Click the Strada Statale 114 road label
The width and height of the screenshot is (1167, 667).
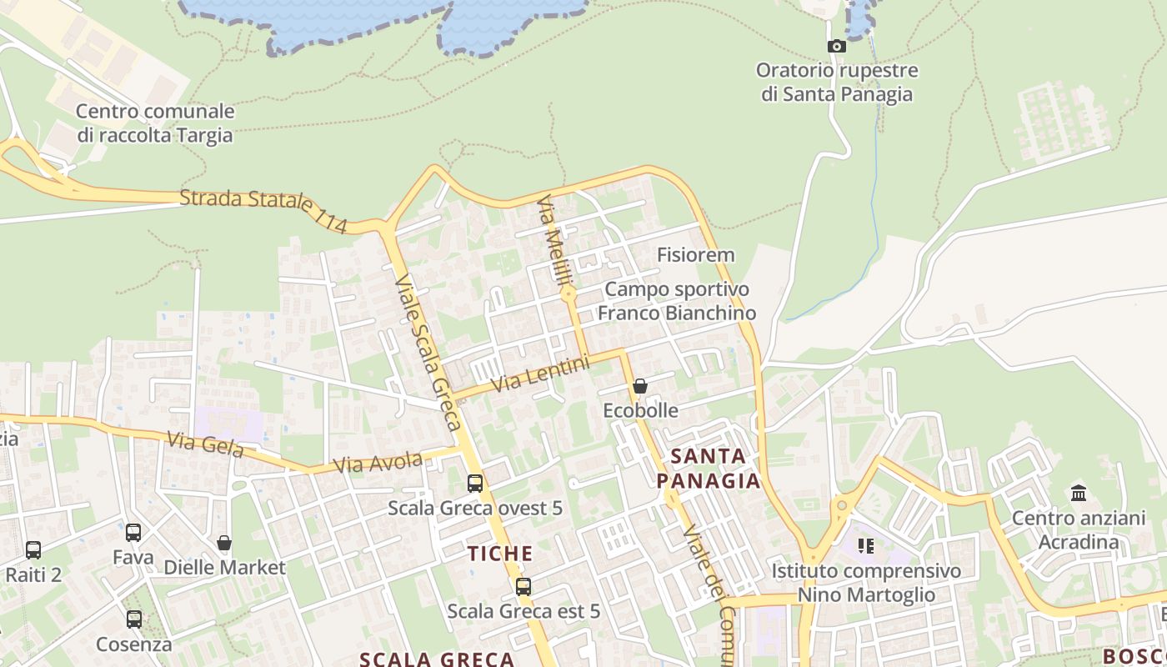pyautogui.click(x=263, y=210)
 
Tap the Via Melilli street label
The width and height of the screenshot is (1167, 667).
pyautogui.click(x=553, y=241)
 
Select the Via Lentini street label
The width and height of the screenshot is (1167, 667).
pyautogui.click(x=540, y=374)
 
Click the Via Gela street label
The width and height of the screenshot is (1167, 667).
pyautogui.click(x=205, y=444)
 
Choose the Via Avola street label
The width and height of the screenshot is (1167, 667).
pyautogui.click(x=377, y=459)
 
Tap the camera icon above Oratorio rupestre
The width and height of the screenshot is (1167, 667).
pyautogui.click(x=836, y=47)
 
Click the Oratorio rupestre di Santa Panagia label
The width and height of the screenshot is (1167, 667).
pyautogui.click(x=837, y=83)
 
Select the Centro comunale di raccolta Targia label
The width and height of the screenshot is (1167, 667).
pyautogui.click(x=155, y=123)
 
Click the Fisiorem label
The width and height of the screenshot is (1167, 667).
pyautogui.click(x=695, y=255)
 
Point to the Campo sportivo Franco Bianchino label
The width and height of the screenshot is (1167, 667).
pyautogui.click(x=677, y=301)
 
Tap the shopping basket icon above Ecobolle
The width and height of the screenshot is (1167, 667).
pyautogui.click(x=640, y=386)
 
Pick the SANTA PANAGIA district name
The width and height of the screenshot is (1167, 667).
pyautogui.click(x=708, y=469)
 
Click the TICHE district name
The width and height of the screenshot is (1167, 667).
pyautogui.click(x=500, y=554)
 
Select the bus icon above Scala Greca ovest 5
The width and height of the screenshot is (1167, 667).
pyautogui.click(x=475, y=484)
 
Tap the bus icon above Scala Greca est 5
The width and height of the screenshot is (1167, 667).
pyautogui.click(x=523, y=587)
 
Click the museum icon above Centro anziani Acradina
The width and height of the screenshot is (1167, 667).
pyautogui.click(x=1079, y=493)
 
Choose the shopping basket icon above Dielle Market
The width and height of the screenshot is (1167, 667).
pyautogui.click(x=224, y=544)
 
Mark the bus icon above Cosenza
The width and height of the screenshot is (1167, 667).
pyautogui.click(x=134, y=619)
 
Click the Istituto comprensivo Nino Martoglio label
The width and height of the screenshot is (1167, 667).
pyautogui.click(x=866, y=583)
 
